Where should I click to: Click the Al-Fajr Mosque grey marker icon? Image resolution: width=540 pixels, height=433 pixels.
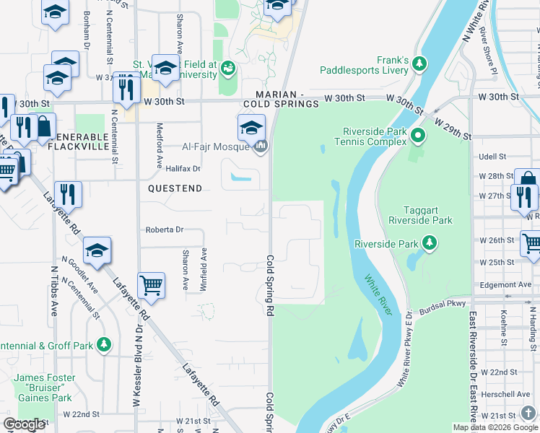[261, 146]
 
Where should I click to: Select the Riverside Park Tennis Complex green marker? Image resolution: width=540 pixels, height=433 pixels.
[417, 135]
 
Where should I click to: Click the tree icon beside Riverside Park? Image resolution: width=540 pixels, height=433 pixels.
[430, 243]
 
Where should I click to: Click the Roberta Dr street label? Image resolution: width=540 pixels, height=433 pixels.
[165, 229]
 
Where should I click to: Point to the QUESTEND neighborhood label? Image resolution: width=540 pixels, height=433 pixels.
[175, 188]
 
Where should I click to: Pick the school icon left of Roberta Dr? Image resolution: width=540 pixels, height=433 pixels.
[97, 250]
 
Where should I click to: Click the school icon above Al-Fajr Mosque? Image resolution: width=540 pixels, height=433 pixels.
[251, 128]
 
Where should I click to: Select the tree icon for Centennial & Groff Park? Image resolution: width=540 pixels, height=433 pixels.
[105, 345]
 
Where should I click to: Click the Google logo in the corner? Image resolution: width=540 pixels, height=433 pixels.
[24, 424]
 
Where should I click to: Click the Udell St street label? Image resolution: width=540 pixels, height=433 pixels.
[492, 157]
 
